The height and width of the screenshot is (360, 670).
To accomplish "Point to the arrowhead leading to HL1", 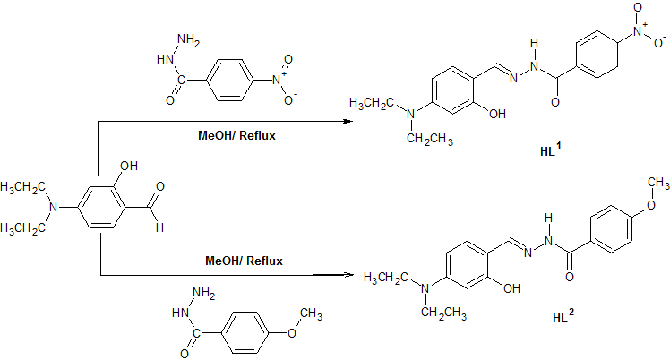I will (x=345, y=120).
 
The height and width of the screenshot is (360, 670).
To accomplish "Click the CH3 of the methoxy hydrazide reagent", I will (x=310, y=313).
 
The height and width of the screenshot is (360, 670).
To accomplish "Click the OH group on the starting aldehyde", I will (x=128, y=165).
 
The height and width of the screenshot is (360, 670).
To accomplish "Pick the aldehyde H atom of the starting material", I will (x=159, y=228).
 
